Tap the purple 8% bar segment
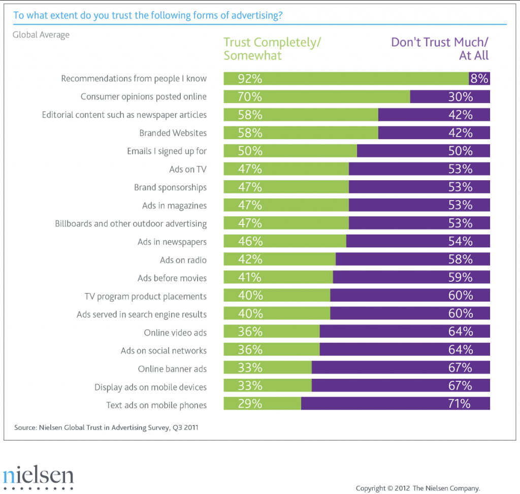point(479,79)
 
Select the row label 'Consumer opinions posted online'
point(144,96)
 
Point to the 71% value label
point(460,404)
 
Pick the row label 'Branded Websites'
point(173,133)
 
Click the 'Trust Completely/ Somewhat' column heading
point(272,49)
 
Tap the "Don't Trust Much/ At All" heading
point(440,49)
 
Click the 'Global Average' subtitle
point(41,35)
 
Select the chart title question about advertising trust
point(148,15)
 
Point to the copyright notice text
point(418,488)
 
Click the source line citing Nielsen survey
point(106,427)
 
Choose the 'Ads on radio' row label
point(183,260)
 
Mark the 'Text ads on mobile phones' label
point(156,405)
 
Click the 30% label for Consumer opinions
point(461,96)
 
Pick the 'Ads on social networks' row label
point(164,350)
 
